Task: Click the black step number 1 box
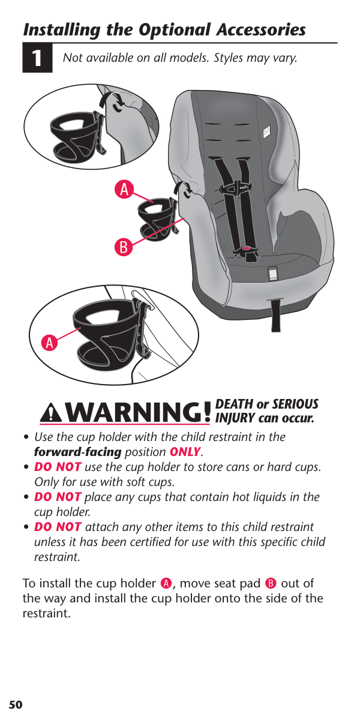pos(37,58)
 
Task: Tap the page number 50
pos(16,704)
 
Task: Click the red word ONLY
pos(185,452)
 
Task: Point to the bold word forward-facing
pos(78,452)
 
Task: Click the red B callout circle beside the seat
pos(124,247)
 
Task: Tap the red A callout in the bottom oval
pos(49,343)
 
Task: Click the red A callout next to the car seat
pos(124,190)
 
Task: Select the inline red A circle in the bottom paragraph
pos(166,583)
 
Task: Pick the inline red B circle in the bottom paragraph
pos(271,583)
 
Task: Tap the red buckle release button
pos(247,248)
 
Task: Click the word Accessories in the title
pos(261,30)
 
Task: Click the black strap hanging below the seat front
pos(276,316)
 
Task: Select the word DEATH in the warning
pos(235,404)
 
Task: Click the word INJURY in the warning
pos(235,419)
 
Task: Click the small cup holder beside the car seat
pos(157,219)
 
